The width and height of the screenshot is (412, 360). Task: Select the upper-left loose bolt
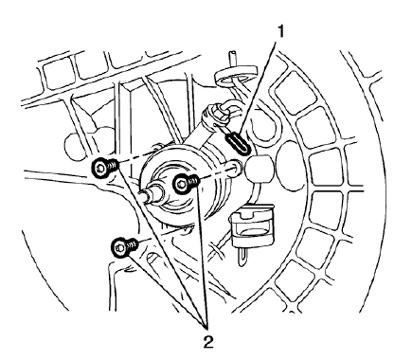point(103,170)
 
